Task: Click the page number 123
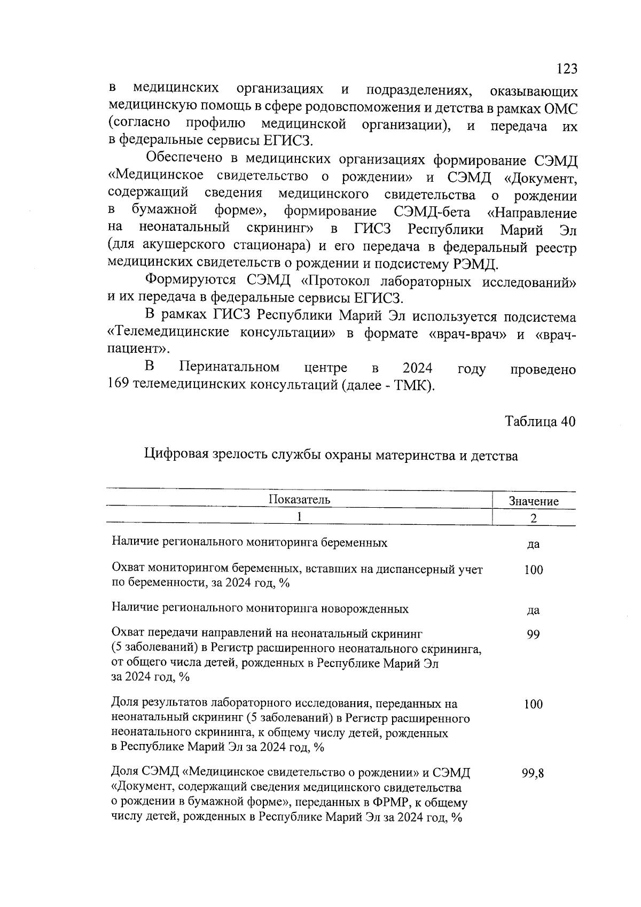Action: (x=566, y=69)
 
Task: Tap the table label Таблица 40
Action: (x=541, y=421)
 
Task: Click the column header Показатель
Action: (x=299, y=500)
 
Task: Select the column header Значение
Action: (x=533, y=501)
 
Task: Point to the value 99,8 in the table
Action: (x=533, y=773)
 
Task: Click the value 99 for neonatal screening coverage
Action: (x=533, y=634)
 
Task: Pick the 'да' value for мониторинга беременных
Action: (x=533, y=545)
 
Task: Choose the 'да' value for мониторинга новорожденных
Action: (x=533, y=610)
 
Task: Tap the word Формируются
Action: (x=191, y=280)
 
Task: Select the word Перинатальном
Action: (x=229, y=368)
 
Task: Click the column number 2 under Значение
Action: (x=533, y=518)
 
